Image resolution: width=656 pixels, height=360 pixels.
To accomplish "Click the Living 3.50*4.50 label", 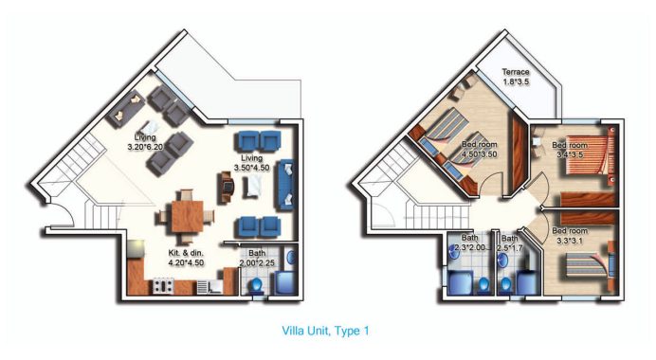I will [251, 162].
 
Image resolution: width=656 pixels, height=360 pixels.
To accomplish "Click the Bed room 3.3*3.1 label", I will [571, 236].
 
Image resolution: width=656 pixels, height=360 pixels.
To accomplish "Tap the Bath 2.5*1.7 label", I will [510, 243].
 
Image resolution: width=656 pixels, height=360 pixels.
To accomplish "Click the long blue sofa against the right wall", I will [288, 184].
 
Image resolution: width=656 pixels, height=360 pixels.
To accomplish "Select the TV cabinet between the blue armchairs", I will [226, 185].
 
